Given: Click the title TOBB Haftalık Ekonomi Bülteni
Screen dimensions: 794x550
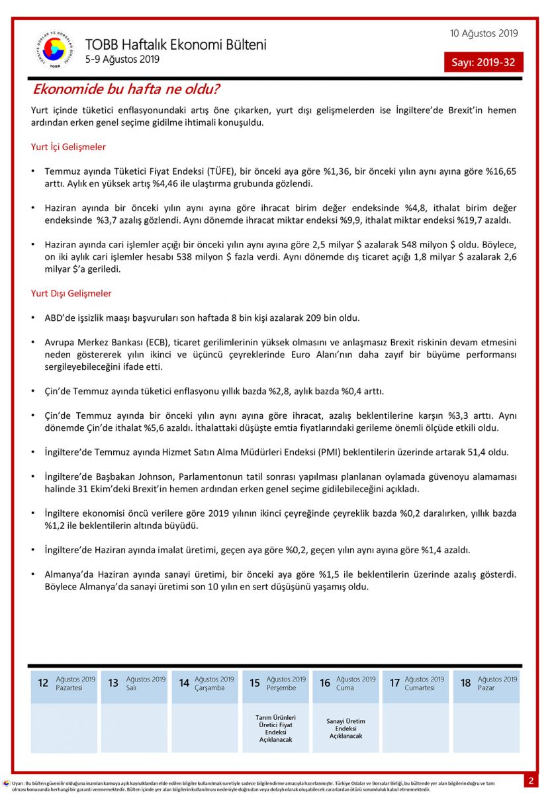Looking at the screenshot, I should click(175, 45).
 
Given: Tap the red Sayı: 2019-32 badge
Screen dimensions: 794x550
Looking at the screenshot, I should click(483, 63).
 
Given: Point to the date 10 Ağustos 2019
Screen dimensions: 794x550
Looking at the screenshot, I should click(484, 33).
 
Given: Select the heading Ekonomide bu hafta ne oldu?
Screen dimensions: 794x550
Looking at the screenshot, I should click(126, 89).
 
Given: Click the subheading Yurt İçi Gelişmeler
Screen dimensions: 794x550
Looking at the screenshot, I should click(68, 147).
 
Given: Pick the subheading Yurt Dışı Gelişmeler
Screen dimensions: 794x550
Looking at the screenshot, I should click(71, 293).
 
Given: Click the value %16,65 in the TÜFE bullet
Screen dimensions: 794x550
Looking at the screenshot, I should click(501, 171).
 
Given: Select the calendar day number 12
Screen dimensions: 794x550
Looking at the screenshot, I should click(43, 683).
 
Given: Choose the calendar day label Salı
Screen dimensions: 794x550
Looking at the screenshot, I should click(132, 688).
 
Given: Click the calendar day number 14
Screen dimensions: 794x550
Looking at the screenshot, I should click(184, 683).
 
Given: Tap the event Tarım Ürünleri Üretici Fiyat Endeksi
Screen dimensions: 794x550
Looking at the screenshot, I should click(275, 728).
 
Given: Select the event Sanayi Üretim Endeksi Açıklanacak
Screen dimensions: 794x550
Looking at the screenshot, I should click(345, 728).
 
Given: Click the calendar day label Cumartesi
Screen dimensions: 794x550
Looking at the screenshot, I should click(420, 688).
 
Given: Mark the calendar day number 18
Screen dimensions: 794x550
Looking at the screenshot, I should click(465, 683).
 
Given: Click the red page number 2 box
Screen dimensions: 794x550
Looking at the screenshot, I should click(531, 781).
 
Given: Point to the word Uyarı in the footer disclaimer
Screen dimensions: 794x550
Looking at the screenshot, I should click(18, 783).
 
